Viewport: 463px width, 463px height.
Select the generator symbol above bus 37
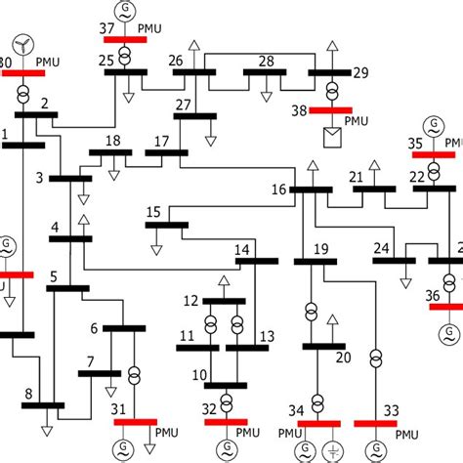[x=125, y=12]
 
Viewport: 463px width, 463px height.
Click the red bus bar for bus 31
[x=135, y=422]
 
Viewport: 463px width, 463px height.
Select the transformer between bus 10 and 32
[x=227, y=401]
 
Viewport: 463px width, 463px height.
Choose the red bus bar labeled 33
[x=375, y=422]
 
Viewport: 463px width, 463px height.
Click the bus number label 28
[x=265, y=62]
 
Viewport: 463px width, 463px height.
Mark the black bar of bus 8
[x=43, y=404]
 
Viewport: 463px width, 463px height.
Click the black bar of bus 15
[x=166, y=225]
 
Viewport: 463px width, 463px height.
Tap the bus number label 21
[x=357, y=176]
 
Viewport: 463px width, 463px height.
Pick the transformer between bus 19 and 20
[x=311, y=312]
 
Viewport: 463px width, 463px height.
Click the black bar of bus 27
[x=195, y=116]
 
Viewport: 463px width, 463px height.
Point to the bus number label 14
[x=242, y=248]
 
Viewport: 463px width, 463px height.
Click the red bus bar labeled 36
[x=447, y=305]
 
